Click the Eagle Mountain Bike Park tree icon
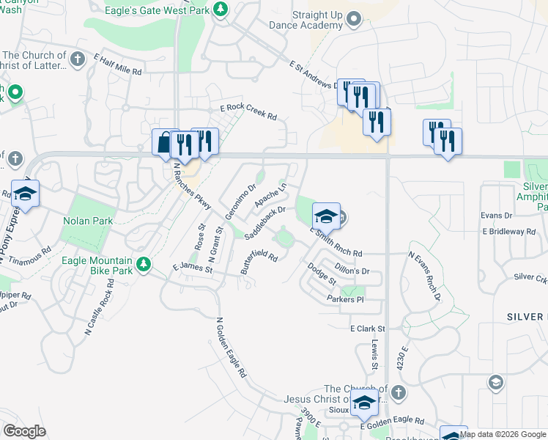tap(145, 263)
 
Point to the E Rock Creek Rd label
tap(248, 112)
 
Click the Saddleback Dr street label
tap(264, 221)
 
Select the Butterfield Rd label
tap(259, 264)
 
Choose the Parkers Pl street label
tap(345, 299)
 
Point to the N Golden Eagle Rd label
tap(232, 348)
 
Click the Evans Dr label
tap(497, 215)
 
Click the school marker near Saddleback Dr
tap(326, 216)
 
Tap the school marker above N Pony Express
tap(25, 194)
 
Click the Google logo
tap(24, 431)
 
